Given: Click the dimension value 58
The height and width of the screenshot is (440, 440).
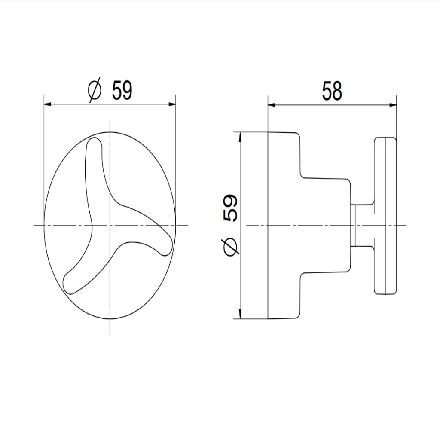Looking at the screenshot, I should click(x=332, y=91).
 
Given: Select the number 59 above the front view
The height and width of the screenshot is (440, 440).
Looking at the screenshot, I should click(x=122, y=90).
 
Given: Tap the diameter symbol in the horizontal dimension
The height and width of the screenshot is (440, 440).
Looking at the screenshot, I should click(x=94, y=90).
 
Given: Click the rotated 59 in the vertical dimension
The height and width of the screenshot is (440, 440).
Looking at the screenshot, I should click(x=230, y=208).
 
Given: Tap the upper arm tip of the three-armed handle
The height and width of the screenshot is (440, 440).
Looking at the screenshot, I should click(x=94, y=144).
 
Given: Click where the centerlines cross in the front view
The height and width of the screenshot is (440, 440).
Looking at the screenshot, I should click(x=110, y=225).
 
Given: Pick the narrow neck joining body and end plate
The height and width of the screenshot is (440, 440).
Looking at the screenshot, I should click(x=362, y=225).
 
